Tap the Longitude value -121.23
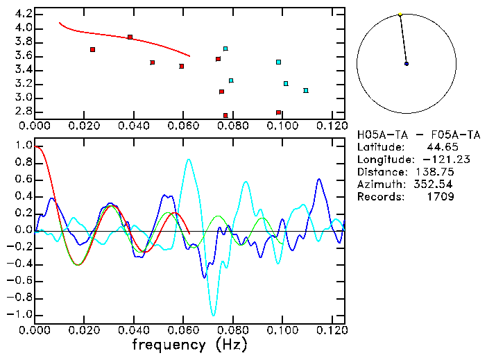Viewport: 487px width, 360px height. pyautogui.click(x=432, y=160)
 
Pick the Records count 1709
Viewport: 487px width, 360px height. pyautogui.click(x=441, y=197)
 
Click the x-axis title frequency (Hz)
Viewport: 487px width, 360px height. pyautogui.click(x=189, y=343)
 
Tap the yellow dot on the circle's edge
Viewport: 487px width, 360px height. pyautogui.click(x=400, y=14)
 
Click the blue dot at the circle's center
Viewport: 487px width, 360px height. pyautogui.click(x=407, y=64)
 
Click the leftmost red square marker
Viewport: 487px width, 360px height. pyautogui.click(x=92, y=49)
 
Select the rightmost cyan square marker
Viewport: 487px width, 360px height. pyautogui.click(x=305, y=90)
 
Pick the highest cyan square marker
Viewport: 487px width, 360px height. pyautogui.click(x=225, y=49)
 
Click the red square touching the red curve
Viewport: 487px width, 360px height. pyautogui.click(x=130, y=37)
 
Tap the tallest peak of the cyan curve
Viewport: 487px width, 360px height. pyautogui.click(x=189, y=160)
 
